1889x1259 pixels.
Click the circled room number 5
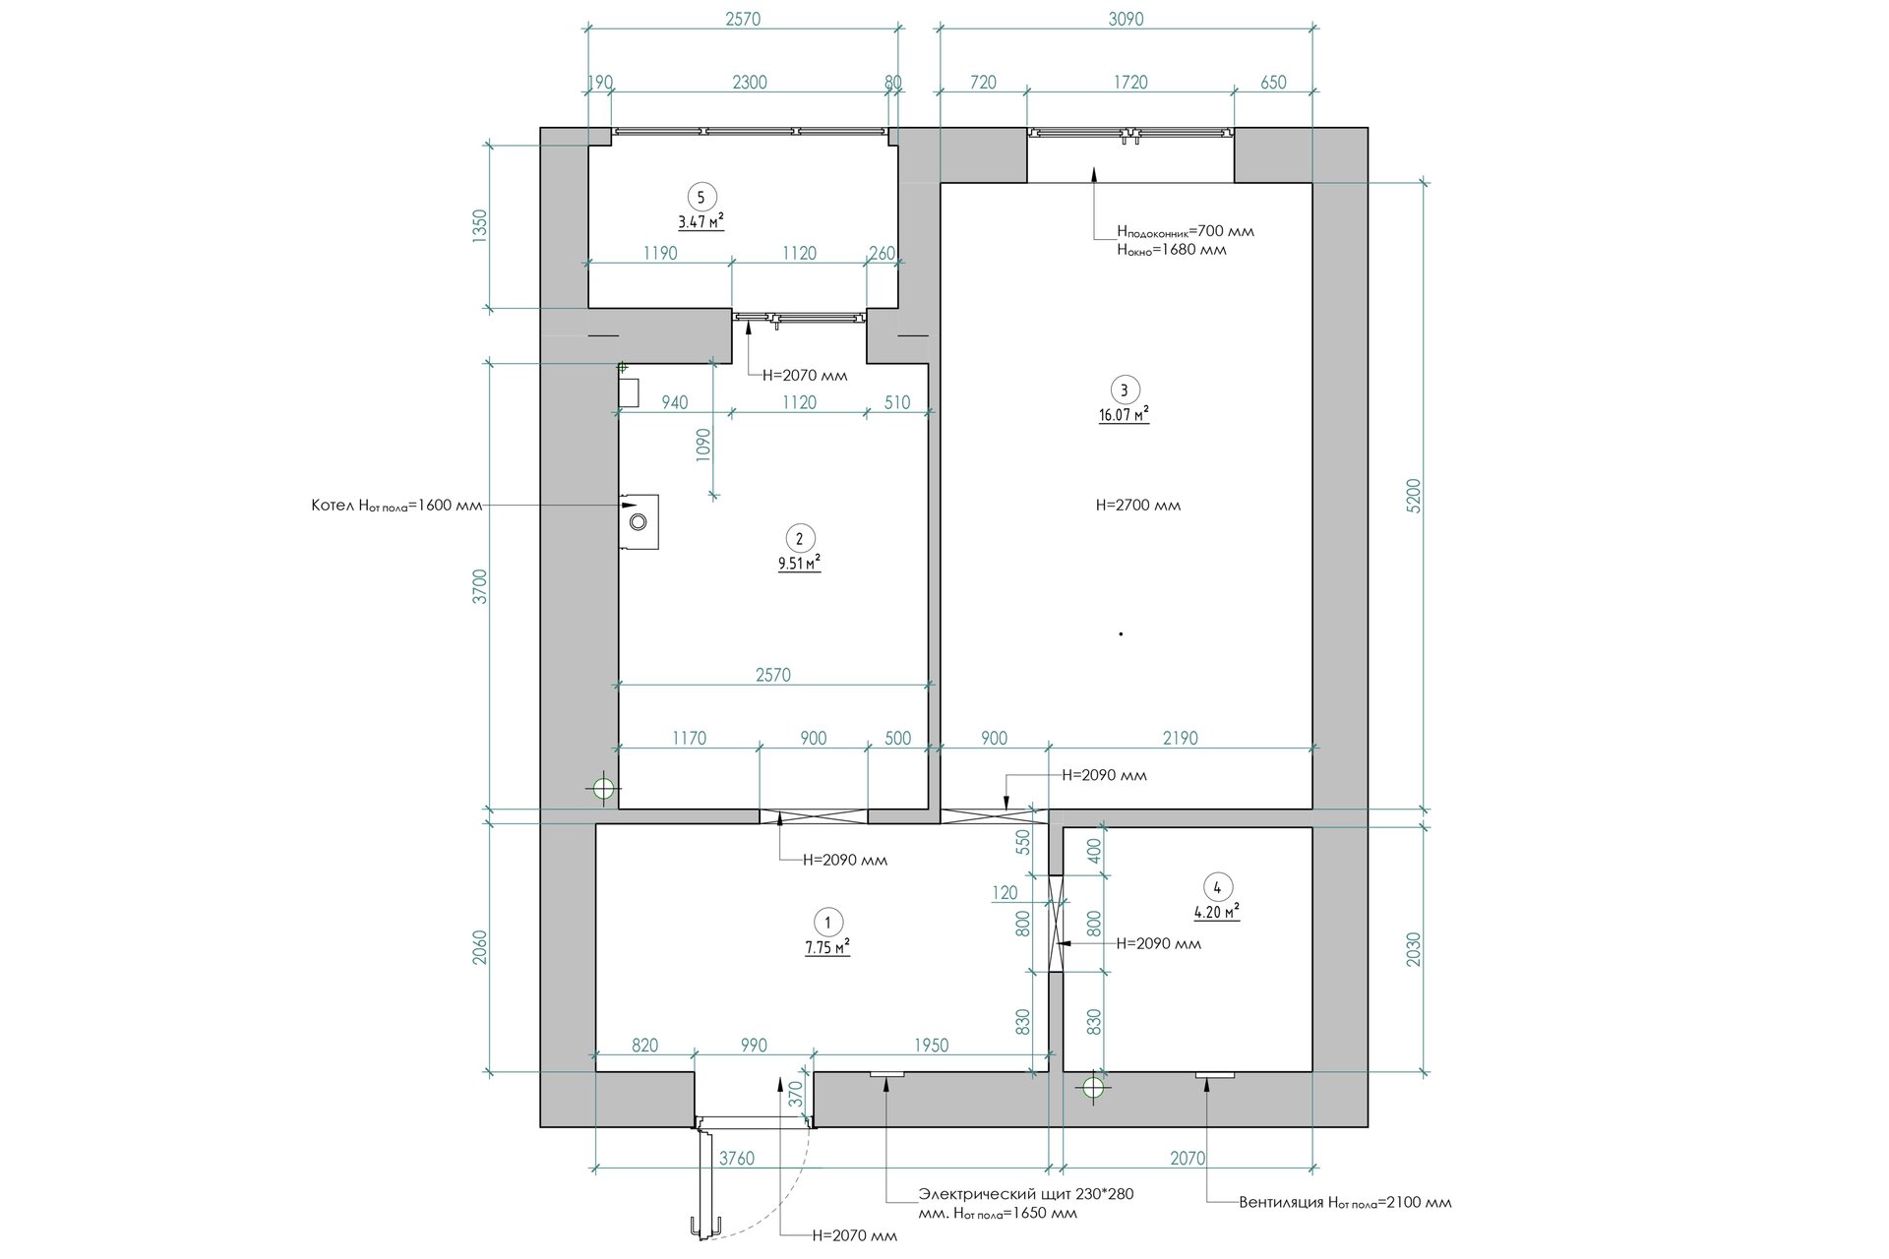click(701, 196)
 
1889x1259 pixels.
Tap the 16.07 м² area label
click(1124, 415)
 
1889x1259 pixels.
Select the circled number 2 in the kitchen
click(799, 538)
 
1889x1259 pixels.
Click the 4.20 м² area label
click(1216, 912)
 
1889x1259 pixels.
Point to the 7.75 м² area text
click(827, 947)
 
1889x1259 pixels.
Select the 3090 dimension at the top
click(1126, 19)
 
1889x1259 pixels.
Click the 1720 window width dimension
click(1130, 83)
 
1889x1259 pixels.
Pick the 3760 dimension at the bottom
click(736, 1159)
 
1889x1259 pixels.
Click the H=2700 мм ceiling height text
click(1138, 506)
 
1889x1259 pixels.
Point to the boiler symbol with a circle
click(639, 521)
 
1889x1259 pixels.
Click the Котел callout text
click(396, 506)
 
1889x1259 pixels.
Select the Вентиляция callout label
click(1345, 1202)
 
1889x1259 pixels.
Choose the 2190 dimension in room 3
click(1180, 738)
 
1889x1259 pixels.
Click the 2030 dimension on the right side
click(1413, 948)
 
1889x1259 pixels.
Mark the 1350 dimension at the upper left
click(479, 226)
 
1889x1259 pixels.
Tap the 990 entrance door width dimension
click(753, 1046)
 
